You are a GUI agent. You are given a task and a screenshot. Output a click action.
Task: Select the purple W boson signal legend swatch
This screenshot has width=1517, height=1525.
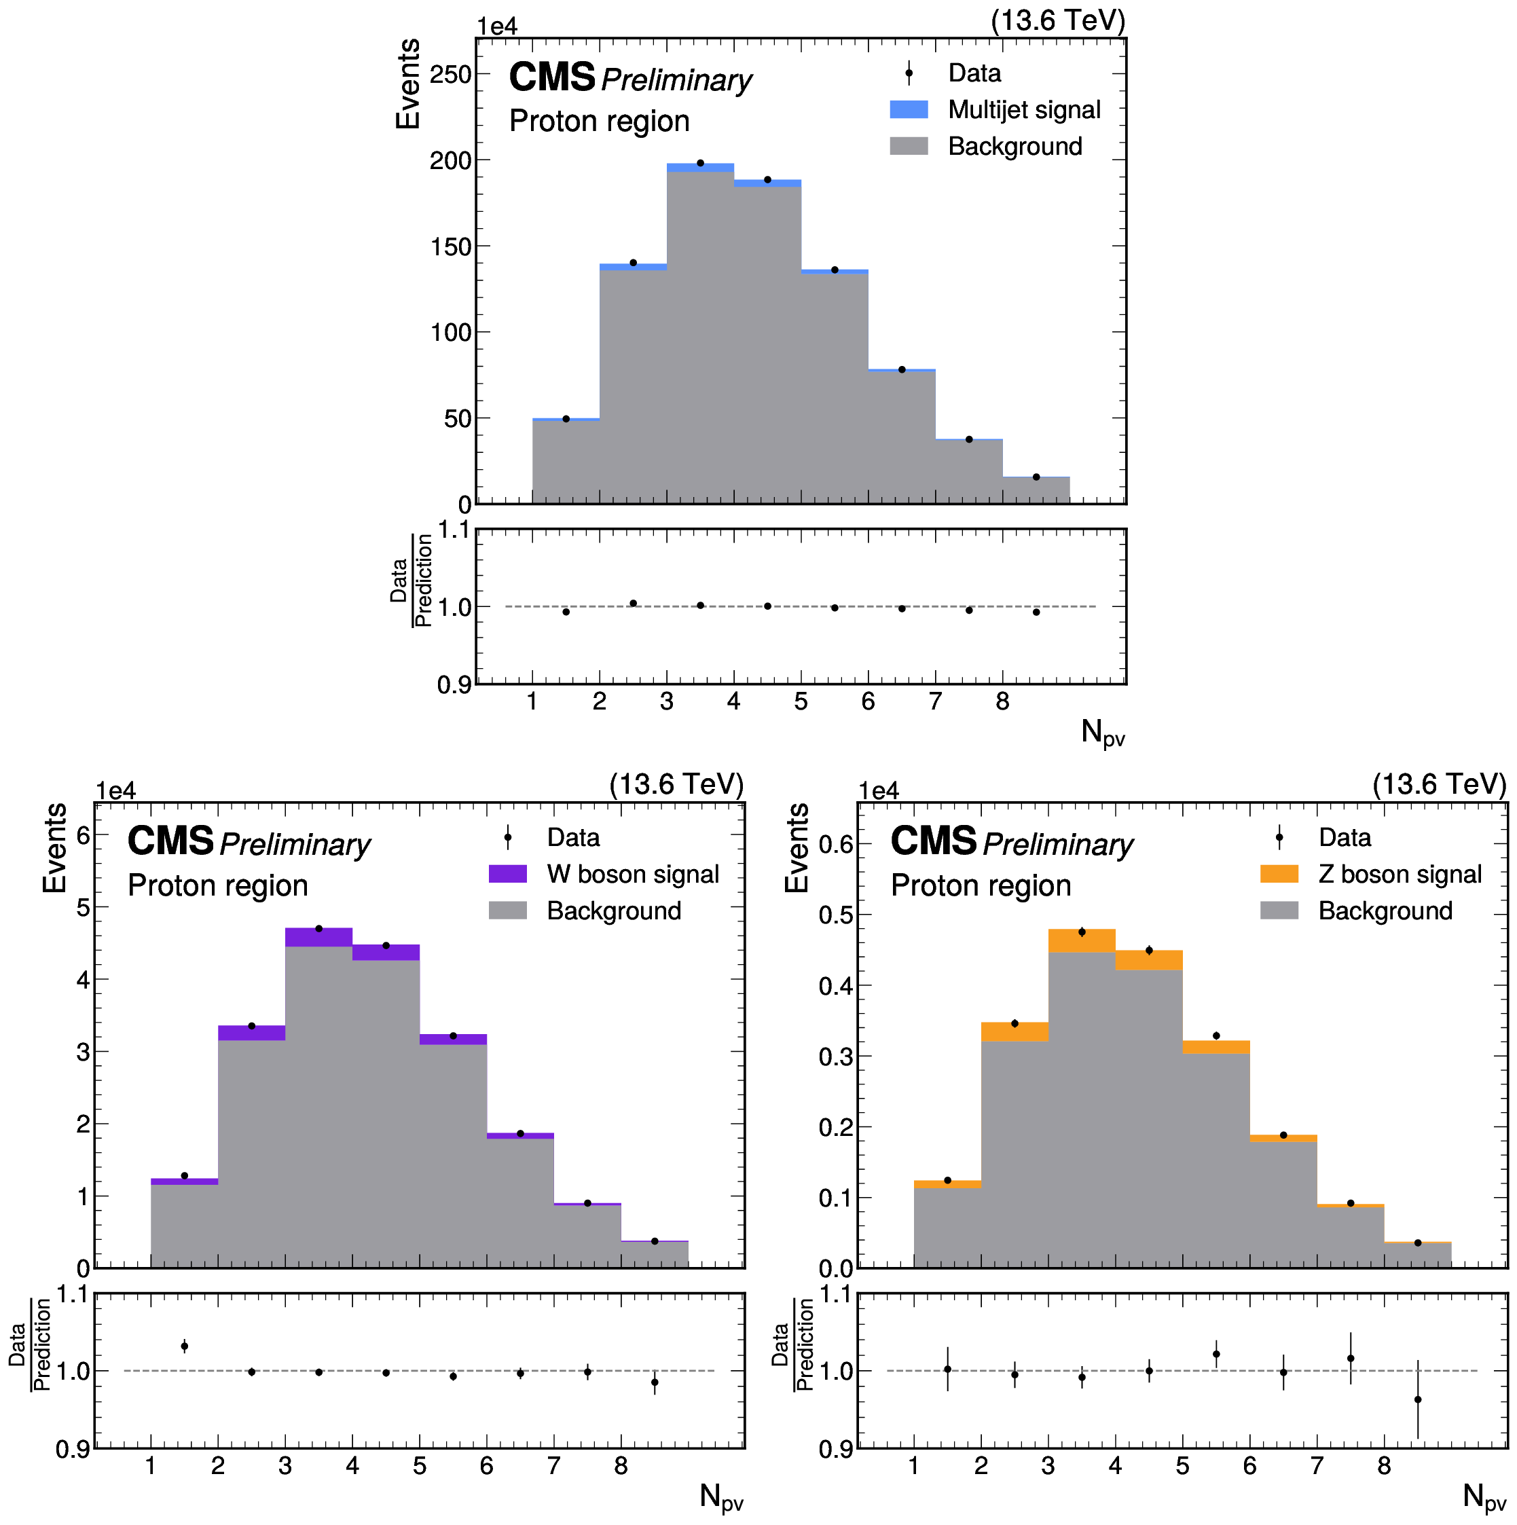click(507, 874)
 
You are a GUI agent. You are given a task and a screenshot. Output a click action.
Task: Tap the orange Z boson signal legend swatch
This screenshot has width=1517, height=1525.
click(1279, 874)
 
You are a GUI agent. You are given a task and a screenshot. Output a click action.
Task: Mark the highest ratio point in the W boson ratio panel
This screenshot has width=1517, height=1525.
click(185, 1346)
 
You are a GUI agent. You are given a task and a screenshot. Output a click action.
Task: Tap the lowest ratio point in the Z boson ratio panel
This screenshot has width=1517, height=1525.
click(1418, 1399)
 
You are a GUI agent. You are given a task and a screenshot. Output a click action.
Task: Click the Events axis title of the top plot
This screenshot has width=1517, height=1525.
click(408, 84)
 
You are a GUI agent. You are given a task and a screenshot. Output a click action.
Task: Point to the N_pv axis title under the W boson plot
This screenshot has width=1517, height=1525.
click(721, 1496)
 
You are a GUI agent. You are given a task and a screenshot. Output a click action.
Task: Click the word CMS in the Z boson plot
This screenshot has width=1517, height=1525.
click(934, 841)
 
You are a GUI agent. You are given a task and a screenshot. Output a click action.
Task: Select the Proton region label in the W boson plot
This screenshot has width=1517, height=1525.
click(218, 885)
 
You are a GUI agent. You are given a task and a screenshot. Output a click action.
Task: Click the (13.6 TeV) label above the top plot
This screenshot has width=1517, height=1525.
click(1059, 20)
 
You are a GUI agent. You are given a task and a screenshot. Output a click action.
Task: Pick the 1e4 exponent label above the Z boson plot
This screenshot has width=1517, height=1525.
click(879, 791)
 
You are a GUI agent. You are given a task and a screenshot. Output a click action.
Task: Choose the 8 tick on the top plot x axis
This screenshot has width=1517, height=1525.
click(1002, 701)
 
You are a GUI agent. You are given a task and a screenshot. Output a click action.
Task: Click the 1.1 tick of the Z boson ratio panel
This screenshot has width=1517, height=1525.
click(837, 1295)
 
